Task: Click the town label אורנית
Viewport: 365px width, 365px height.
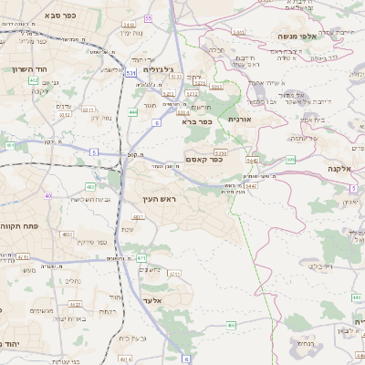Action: tap(238, 119)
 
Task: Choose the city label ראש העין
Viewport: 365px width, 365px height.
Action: tap(159, 198)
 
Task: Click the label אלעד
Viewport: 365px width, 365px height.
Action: tap(155, 300)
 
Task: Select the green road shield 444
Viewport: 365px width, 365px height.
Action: tap(133, 112)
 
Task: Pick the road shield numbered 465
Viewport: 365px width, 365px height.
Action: tap(232, 325)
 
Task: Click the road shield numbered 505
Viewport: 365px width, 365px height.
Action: tap(290, 160)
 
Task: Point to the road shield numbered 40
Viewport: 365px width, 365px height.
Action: tap(47, 195)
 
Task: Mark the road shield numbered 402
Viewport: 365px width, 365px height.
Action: tap(34, 80)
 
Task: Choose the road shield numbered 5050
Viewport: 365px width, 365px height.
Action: tap(220, 151)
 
